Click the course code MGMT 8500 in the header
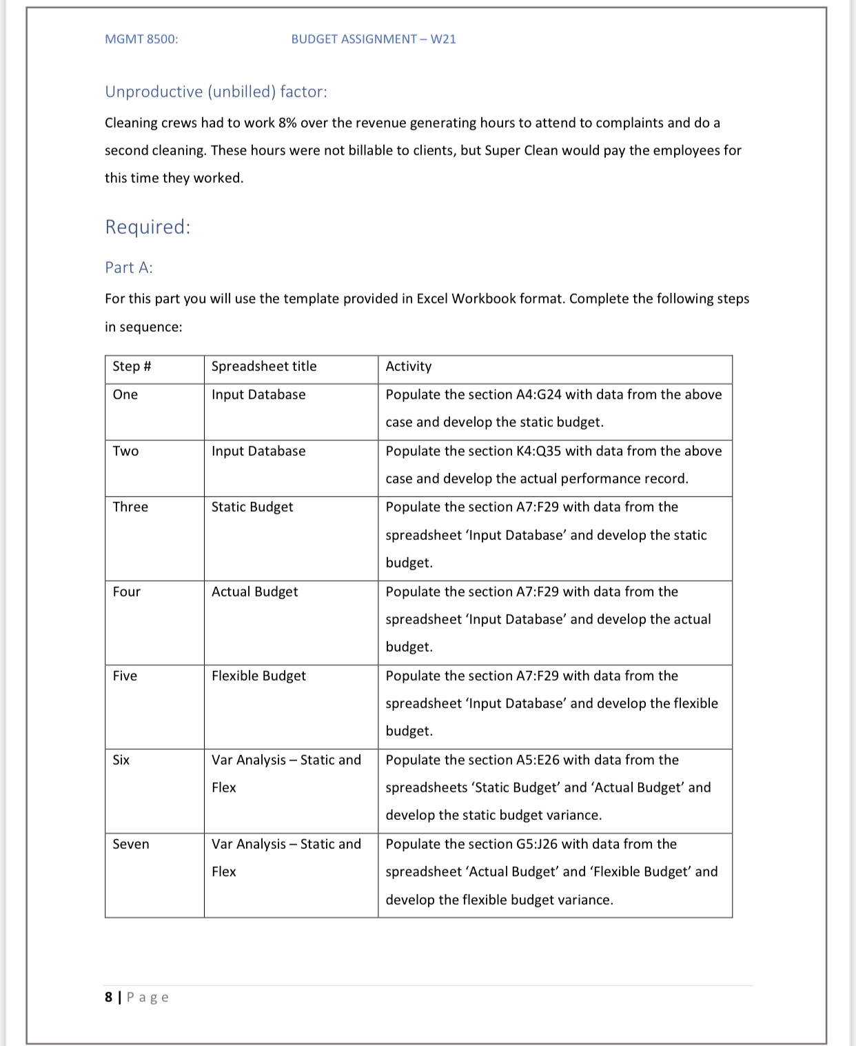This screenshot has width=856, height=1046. (x=141, y=39)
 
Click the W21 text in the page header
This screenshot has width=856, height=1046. (x=443, y=39)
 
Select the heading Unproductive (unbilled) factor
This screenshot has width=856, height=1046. (x=216, y=92)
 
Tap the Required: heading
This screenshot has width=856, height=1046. (x=147, y=227)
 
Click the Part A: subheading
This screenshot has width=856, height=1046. (x=129, y=268)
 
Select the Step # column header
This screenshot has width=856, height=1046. (x=132, y=366)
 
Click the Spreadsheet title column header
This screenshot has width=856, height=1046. (x=264, y=366)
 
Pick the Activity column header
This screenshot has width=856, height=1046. (x=409, y=366)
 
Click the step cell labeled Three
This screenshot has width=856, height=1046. (x=130, y=507)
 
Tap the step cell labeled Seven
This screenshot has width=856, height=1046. (x=131, y=844)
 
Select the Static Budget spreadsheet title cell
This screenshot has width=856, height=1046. (x=252, y=507)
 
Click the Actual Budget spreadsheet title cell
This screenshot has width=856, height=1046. (x=254, y=592)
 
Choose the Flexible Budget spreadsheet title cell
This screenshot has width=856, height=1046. (x=258, y=676)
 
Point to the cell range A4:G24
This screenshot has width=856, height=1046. (x=538, y=394)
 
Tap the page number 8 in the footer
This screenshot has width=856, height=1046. (x=108, y=997)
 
